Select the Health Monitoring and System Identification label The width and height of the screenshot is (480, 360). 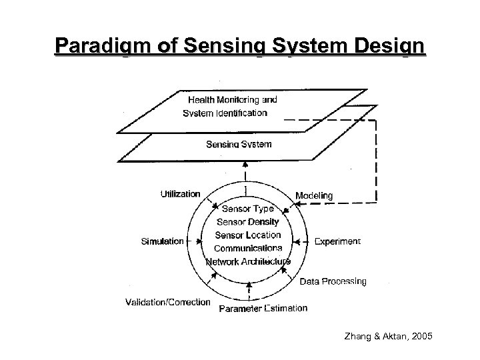230,106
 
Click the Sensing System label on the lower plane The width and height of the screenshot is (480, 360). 239,144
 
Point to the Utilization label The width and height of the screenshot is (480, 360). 180,194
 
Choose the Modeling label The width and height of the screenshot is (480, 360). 313,195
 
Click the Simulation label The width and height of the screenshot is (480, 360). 162,241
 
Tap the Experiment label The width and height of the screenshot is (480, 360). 337,241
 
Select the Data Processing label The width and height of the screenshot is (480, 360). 333,281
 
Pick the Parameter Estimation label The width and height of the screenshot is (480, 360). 263,308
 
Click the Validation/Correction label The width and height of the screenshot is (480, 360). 167,302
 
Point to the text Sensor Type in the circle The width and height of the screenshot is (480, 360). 247,209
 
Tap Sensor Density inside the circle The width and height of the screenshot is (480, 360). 249,221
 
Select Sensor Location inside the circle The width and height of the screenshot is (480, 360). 248,235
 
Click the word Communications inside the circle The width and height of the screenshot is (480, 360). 248,248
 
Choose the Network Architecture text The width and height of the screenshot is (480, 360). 248,261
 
